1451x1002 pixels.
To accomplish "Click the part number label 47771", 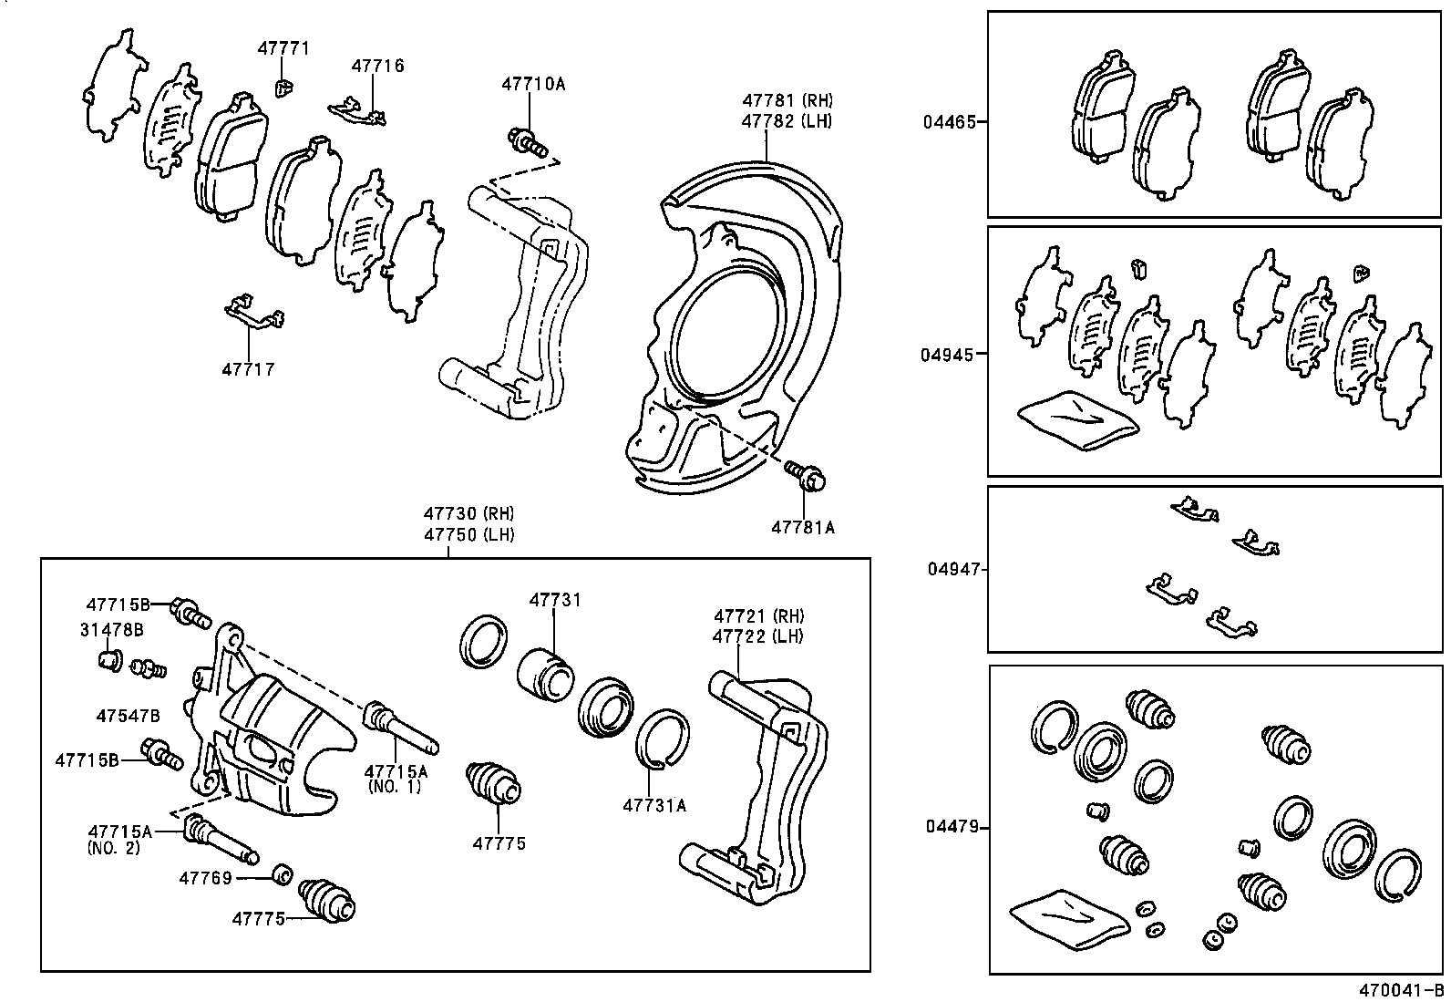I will (x=283, y=48).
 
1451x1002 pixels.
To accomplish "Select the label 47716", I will (x=377, y=66).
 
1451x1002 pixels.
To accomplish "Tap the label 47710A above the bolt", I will (x=532, y=84).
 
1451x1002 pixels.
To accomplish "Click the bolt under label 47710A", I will (x=526, y=141).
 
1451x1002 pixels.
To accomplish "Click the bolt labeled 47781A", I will (x=806, y=474).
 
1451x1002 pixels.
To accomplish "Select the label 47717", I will (x=247, y=370).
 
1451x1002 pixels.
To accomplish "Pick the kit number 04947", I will (x=956, y=569).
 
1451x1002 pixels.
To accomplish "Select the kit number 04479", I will (x=952, y=827).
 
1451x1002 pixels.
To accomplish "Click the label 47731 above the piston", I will (x=555, y=600).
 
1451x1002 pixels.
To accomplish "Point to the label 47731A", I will (x=653, y=805).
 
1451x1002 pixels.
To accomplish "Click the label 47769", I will (x=205, y=878).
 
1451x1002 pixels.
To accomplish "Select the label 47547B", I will (x=128, y=716).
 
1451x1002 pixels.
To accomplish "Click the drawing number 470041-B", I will (x=1402, y=990).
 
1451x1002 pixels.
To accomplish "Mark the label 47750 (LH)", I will (x=468, y=534).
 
